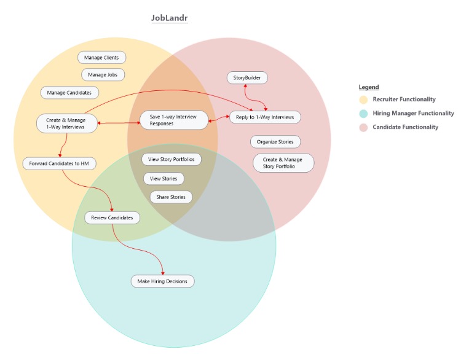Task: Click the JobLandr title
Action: tap(170, 18)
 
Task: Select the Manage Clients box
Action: tap(102, 58)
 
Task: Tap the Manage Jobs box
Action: tap(103, 75)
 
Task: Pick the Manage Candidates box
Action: tap(70, 93)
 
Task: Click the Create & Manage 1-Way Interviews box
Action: tap(66, 123)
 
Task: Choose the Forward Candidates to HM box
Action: tap(59, 163)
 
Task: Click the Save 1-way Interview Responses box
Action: tap(174, 120)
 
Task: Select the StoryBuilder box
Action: tap(247, 78)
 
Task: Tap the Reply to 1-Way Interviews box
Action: tap(265, 117)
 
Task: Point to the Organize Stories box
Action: tap(275, 142)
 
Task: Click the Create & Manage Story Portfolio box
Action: tap(283, 163)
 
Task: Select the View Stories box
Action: tap(164, 179)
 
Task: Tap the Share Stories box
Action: tap(171, 197)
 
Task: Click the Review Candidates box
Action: tap(112, 217)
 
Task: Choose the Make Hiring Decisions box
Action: tap(162, 281)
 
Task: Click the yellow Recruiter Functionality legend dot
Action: tap(363, 100)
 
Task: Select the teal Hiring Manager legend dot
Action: tap(363, 114)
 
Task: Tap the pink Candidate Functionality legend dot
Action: tap(363, 127)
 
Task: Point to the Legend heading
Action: tap(369, 87)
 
